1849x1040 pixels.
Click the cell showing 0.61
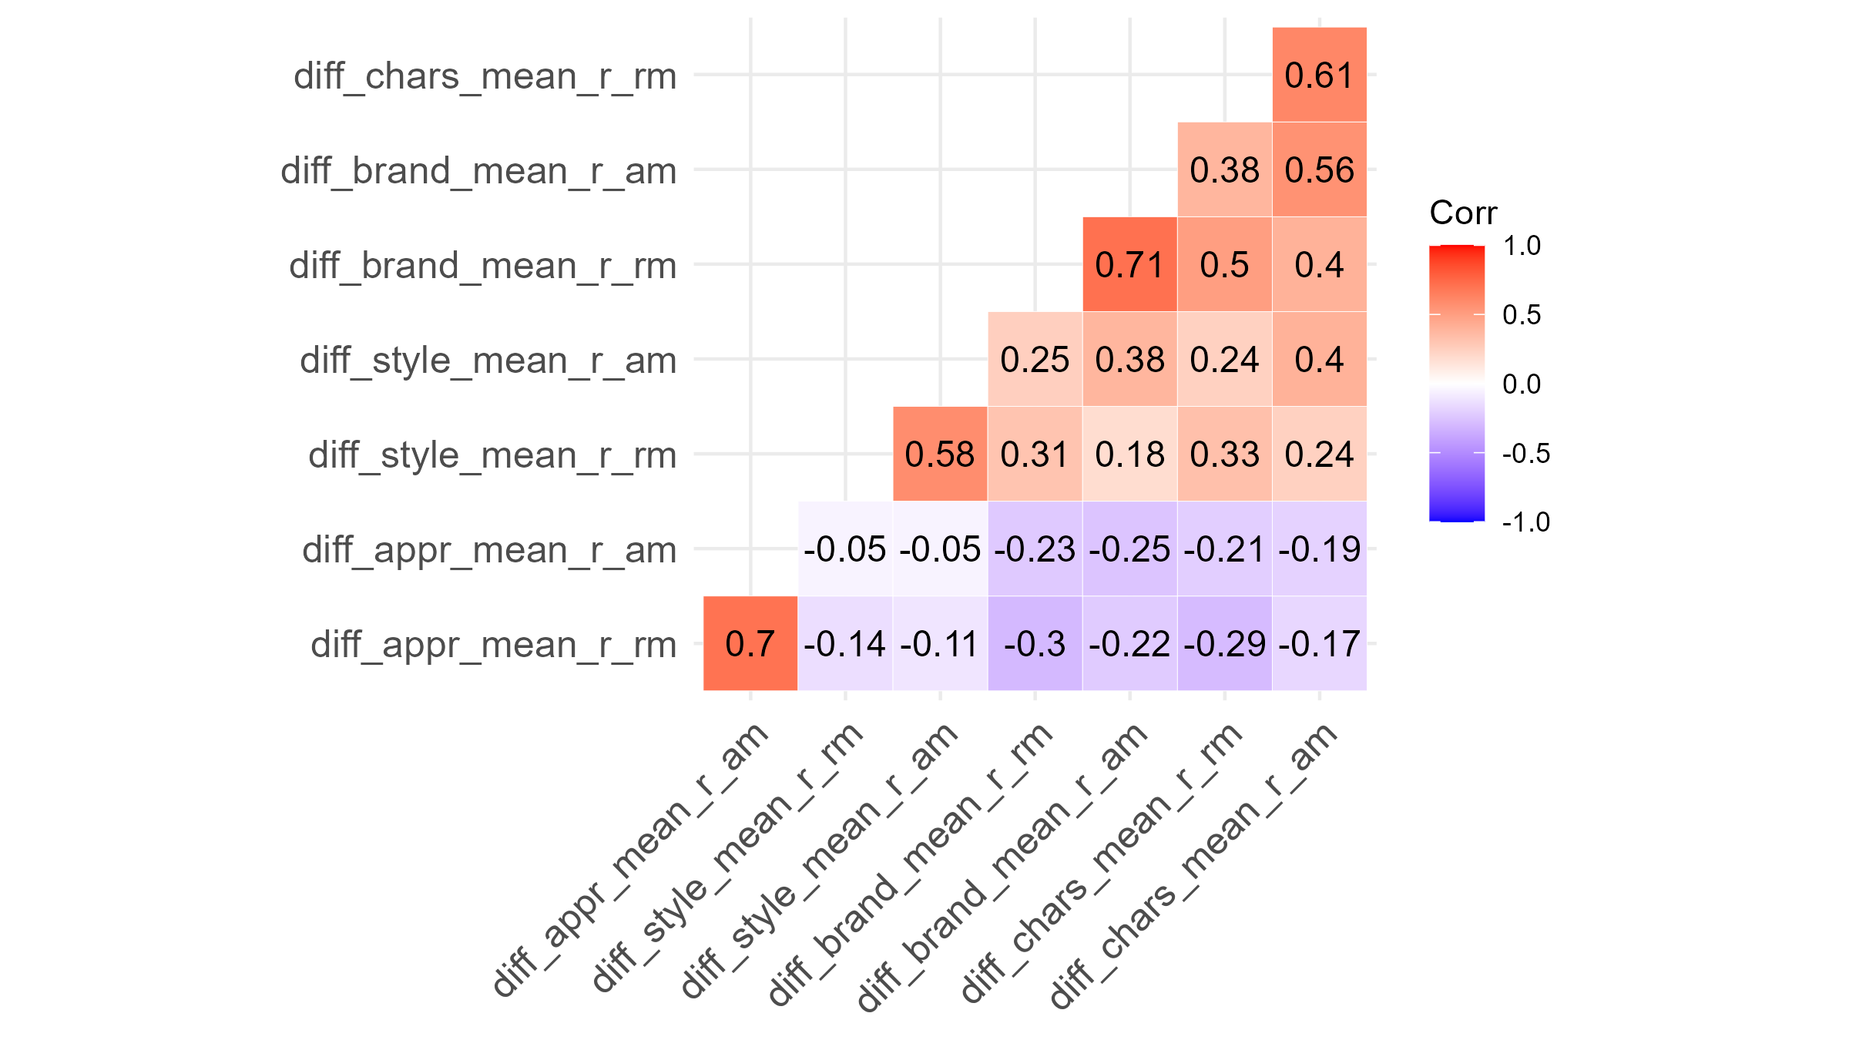coord(1319,75)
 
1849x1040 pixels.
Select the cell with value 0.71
coord(1129,264)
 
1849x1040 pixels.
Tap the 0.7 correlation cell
coord(750,643)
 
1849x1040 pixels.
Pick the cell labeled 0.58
coord(940,454)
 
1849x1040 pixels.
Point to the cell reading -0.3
coord(1035,643)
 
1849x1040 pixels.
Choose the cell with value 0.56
coord(1319,169)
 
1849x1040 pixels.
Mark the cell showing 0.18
coord(1129,454)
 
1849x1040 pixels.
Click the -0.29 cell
coord(1224,643)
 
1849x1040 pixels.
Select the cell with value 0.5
coord(1224,264)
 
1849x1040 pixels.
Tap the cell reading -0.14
coord(845,643)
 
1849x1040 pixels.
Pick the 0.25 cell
coord(1035,359)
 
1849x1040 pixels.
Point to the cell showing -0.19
coord(1319,549)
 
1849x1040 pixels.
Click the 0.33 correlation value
coord(1224,454)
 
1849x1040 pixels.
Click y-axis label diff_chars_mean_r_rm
coord(485,77)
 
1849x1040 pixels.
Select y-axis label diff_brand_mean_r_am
coord(478,171)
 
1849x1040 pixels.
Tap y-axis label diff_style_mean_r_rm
coord(492,455)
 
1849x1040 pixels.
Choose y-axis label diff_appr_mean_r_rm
coord(494,645)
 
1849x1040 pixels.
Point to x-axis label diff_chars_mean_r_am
coord(1194,867)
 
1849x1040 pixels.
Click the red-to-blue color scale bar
coord(1457,384)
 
